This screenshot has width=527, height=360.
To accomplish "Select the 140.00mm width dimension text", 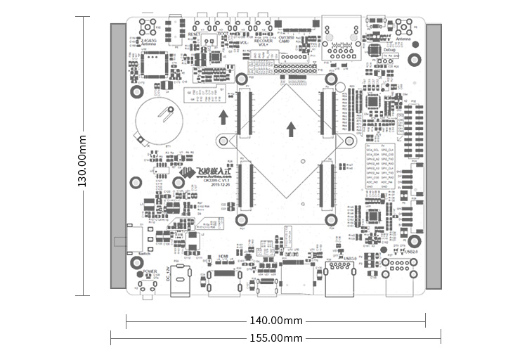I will pyautogui.click(x=276, y=321).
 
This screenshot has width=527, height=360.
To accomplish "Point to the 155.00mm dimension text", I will pyautogui.click(x=276, y=338).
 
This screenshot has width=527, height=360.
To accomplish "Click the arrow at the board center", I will pyautogui.click(x=292, y=129).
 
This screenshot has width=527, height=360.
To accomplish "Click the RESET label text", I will pyautogui.click(x=195, y=34).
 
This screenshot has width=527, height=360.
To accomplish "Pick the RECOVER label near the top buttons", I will pyautogui.click(x=263, y=41).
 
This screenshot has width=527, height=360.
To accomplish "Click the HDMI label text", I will pyautogui.click(x=224, y=257).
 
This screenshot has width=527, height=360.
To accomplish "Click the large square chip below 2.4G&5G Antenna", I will pyautogui.click(x=153, y=65).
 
